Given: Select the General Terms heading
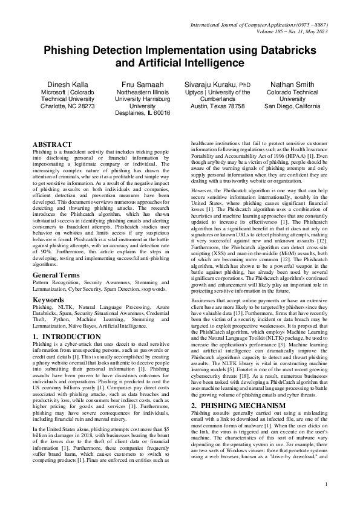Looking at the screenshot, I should (56, 275).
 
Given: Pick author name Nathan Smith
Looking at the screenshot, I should (292, 84).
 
